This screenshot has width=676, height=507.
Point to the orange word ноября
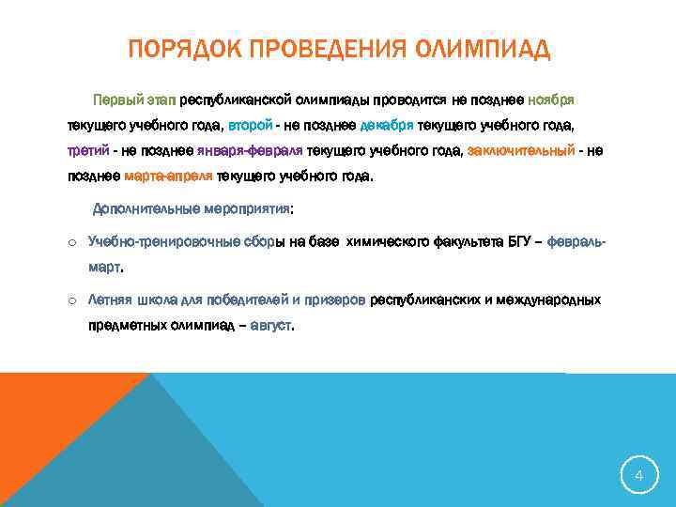coord(551,99)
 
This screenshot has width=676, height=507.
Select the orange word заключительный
coord(520,150)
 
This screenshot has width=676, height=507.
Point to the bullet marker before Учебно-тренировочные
coord(72,242)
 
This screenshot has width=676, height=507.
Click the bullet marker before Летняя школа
coord(72,301)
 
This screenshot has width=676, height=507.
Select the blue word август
coord(270,327)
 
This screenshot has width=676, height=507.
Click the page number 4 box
coord(638,476)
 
